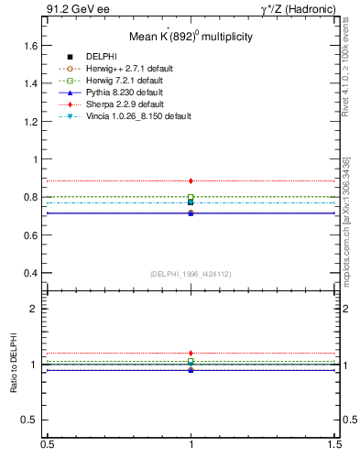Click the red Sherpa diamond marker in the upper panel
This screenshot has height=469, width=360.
(191, 181)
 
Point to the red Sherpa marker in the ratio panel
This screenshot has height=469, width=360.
(191, 353)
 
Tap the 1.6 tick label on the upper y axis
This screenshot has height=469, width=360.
(31, 45)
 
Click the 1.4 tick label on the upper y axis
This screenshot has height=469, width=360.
(31, 83)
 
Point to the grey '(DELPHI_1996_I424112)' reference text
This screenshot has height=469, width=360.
(191, 274)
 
